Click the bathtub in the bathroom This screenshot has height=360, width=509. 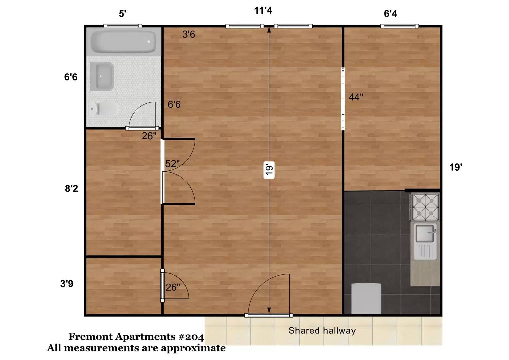point(123,42)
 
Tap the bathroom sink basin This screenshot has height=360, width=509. point(102,76)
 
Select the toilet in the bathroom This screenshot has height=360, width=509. point(104,109)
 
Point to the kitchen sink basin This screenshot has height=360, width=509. point(425,233)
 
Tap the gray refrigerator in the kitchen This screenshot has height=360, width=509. point(366,298)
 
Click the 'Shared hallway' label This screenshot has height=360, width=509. point(322,331)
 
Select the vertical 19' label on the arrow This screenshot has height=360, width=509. point(269,170)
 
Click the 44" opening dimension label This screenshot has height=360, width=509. point(356,97)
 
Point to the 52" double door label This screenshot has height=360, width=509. point(172,164)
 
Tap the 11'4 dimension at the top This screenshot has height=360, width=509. point(263,10)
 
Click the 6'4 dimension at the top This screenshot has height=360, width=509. point(390,14)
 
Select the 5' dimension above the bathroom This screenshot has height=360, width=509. point(122,14)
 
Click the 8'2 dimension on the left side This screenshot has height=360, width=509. point(71,188)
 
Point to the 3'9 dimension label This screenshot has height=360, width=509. point(67,284)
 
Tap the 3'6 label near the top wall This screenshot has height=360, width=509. point(189,34)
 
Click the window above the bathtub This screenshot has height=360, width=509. point(123,26)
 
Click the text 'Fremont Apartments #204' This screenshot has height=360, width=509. point(136,337)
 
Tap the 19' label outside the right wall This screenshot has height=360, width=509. point(456,167)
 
